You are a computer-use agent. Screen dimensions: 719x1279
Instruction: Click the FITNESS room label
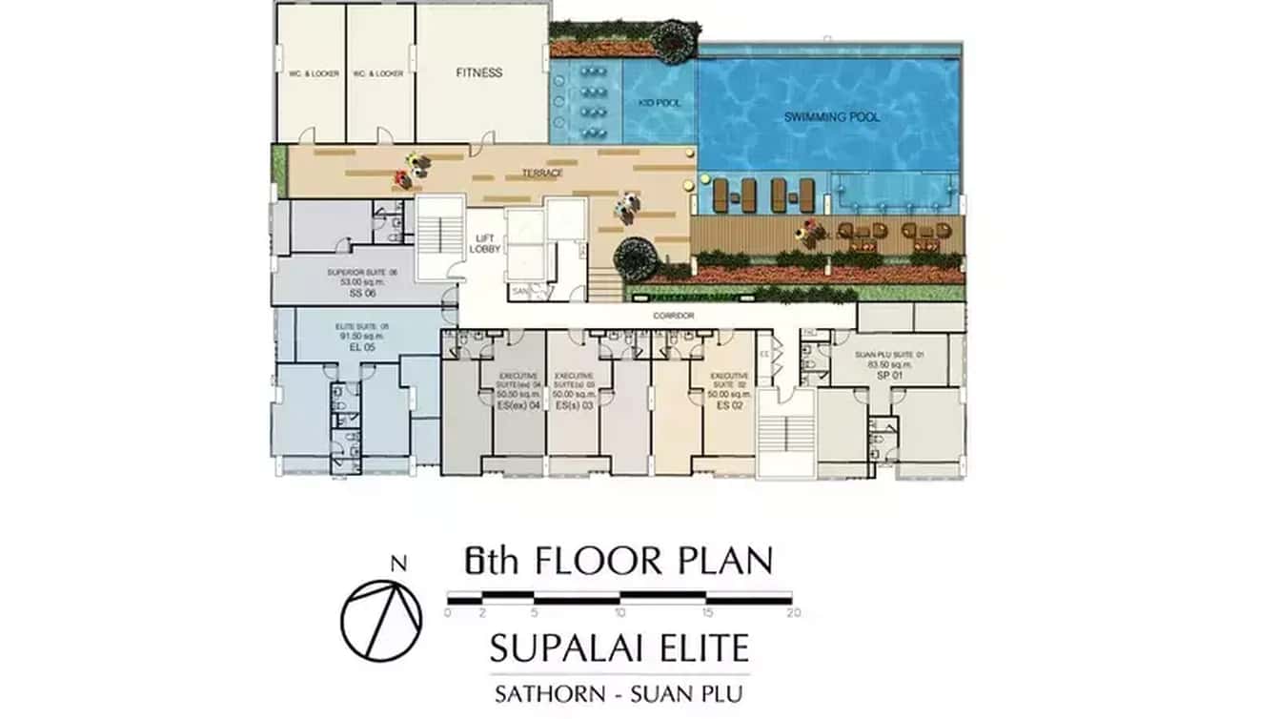478,72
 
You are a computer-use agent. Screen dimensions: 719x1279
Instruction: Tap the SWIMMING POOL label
832,117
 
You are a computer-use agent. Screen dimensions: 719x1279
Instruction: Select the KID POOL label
660,102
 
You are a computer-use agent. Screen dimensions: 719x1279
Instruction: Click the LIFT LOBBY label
485,243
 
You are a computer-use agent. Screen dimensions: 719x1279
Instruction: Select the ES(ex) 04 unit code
519,405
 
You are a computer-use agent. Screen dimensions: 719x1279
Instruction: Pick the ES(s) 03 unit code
573,405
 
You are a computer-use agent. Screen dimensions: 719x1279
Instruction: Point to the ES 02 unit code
731,404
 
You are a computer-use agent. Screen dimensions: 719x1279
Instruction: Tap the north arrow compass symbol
381,620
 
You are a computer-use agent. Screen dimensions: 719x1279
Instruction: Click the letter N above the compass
398,564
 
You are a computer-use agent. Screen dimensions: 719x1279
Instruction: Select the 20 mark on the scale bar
793,613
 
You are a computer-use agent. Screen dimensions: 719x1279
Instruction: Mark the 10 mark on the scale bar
621,613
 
